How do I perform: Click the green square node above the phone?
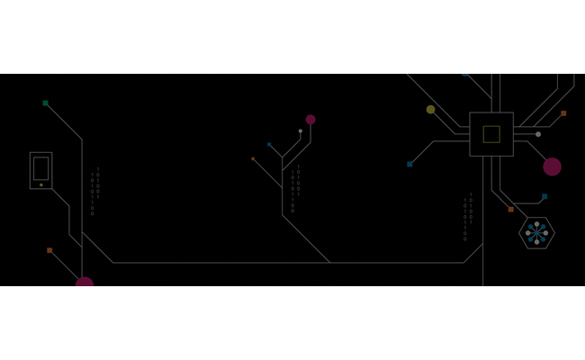(x=46, y=103)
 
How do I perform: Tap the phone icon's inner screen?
(x=40, y=168)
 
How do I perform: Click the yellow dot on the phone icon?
(x=40, y=184)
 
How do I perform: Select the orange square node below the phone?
(x=49, y=250)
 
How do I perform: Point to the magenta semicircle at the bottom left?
(x=85, y=282)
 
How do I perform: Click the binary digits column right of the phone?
(x=94, y=192)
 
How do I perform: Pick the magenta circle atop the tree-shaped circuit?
(x=310, y=120)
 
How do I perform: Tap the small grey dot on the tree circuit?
(x=301, y=131)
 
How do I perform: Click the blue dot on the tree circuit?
(x=269, y=144)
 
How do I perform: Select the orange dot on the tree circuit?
(x=253, y=159)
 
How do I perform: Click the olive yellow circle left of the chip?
(x=430, y=110)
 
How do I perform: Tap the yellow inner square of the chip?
(x=491, y=134)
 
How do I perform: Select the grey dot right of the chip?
(x=538, y=134)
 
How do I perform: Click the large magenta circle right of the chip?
(x=552, y=166)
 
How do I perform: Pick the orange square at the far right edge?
(x=563, y=113)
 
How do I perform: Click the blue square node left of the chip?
(x=409, y=164)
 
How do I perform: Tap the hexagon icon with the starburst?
(x=536, y=233)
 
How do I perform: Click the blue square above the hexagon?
(x=544, y=196)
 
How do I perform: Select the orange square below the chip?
(x=510, y=210)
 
